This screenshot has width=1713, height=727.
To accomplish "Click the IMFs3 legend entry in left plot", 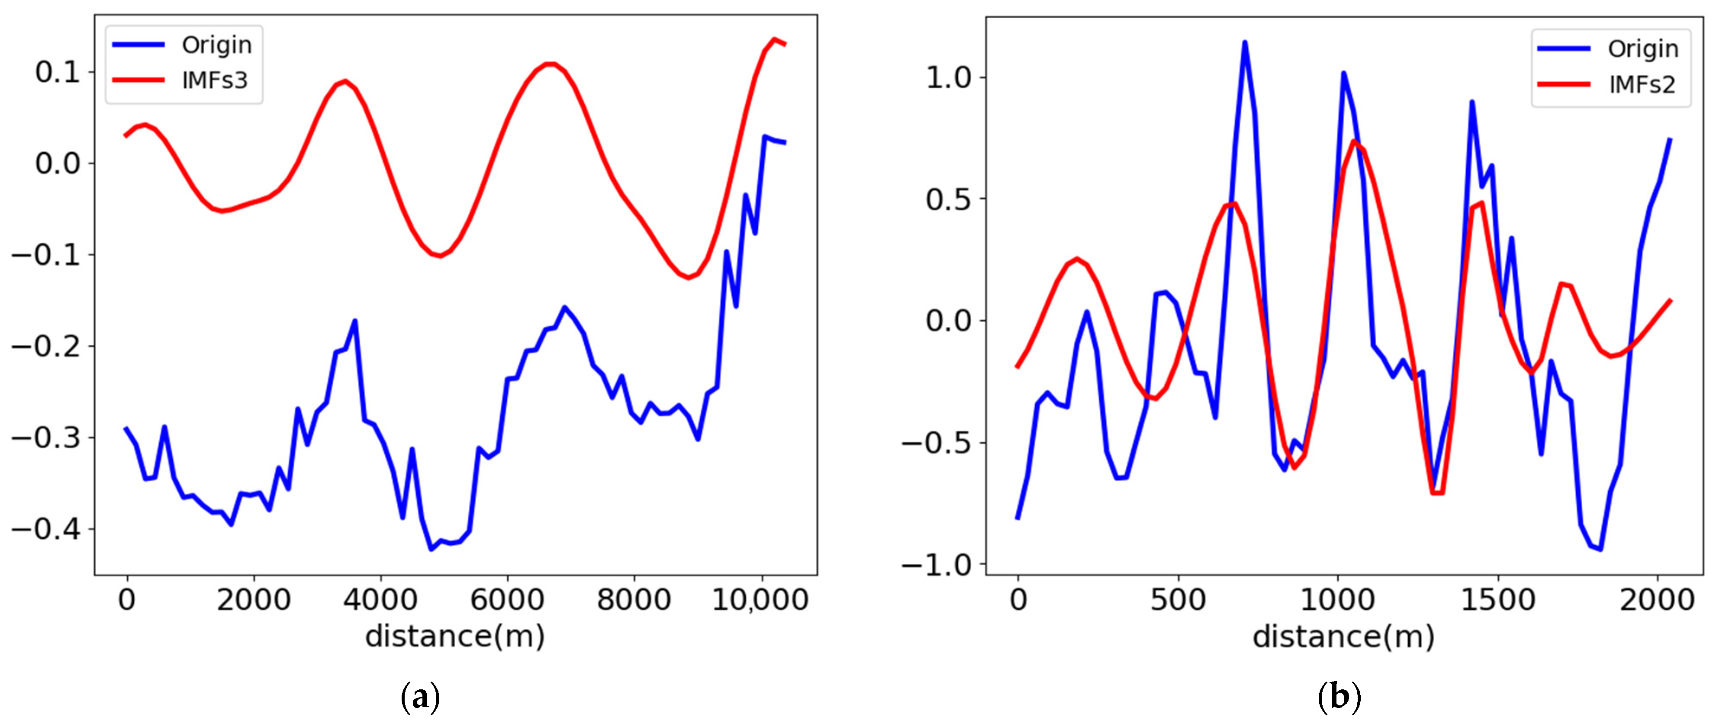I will (x=214, y=80).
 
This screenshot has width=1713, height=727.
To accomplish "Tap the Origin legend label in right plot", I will (x=1642, y=49).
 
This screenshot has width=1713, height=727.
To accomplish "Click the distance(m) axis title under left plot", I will (x=455, y=637).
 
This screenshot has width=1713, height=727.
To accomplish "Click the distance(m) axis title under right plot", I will (x=1343, y=637).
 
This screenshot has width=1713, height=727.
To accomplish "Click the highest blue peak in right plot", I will (x=1244, y=42).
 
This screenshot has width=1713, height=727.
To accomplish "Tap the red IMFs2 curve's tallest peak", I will (x=1353, y=142).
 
